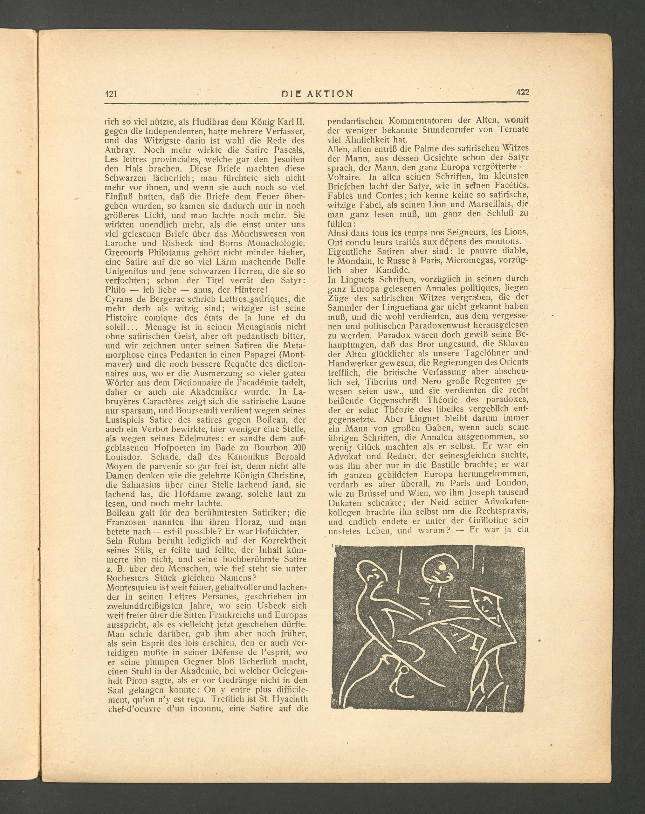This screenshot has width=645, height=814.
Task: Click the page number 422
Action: (522, 93)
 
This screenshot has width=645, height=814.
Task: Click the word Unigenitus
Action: (127, 271)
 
